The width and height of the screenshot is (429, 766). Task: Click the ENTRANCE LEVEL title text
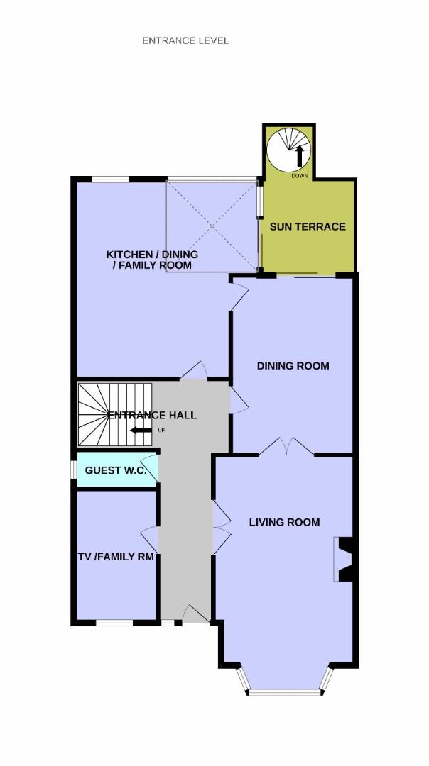click(x=185, y=40)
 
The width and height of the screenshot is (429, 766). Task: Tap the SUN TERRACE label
click(x=308, y=227)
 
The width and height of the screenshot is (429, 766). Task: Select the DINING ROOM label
click(x=293, y=366)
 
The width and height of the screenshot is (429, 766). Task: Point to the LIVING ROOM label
click(x=285, y=522)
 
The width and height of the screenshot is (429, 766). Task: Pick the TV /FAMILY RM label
click(x=116, y=557)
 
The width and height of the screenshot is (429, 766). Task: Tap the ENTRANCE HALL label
click(x=152, y=415)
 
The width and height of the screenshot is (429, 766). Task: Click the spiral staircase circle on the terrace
click(x=288, y=150)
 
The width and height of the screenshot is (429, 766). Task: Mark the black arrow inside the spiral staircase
click(x=299, y=156)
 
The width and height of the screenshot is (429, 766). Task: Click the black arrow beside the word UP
click(x=141, y=431)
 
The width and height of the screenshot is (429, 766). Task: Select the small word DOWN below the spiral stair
click(x=300, y=176)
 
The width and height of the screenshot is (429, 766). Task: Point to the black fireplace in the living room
click(x=347, y=560)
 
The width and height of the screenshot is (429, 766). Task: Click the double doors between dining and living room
click(x=286, y=447)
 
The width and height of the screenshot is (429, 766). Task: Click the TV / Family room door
click(x=149, y=540)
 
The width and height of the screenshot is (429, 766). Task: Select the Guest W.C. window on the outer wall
click(x=73, y=470)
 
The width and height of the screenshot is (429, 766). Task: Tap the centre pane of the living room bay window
click(x=285, y=692)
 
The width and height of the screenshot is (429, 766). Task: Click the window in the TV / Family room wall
click(x=114, y=623)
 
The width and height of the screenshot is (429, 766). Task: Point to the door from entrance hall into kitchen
click(x=194, y=371)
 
